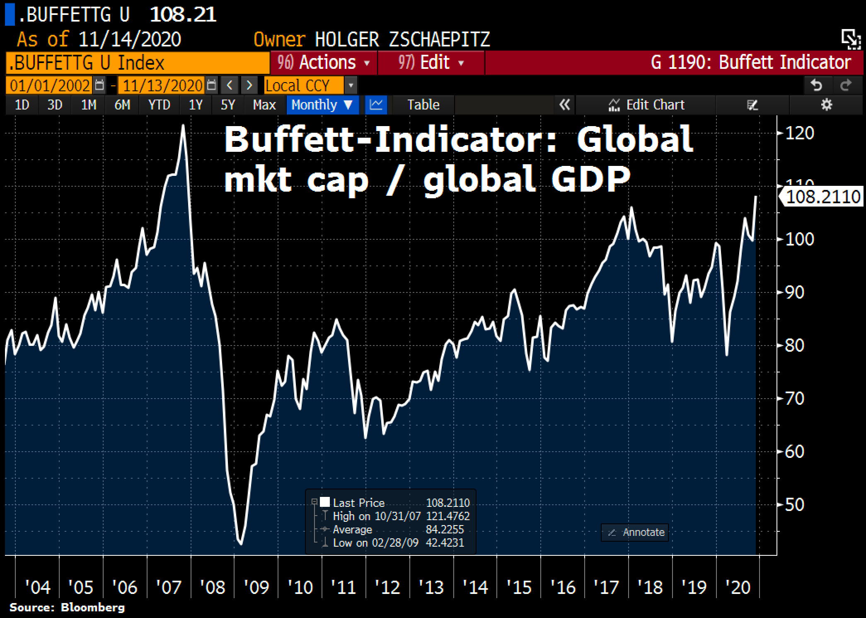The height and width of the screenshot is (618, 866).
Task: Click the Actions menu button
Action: (x=324, y=63)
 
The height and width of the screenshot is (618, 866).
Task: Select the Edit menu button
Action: (x=431, y=63)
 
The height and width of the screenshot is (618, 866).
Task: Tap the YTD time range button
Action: (x=159, y=105)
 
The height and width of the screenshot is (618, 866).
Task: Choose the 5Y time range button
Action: (x=227, y=105)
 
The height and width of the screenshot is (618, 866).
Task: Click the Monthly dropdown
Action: (x=322, y=105)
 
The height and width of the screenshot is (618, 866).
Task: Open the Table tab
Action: (x=423, y=105)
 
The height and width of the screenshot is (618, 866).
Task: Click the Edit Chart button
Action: (x=646, y=105)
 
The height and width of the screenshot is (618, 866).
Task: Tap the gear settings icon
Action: (x=826, y=105)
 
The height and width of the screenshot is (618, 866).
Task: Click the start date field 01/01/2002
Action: (x=50, y=86)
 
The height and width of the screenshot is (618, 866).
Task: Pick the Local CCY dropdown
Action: (x=304, y=86)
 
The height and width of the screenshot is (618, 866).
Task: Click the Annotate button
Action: (x=635, y=532)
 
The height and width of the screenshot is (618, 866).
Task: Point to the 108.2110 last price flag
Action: (x=822, y=197)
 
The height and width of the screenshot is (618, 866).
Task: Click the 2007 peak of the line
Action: (x=183, y=125)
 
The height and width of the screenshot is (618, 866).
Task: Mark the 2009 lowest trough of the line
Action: (x=241, y=544)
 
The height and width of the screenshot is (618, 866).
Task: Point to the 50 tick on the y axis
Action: (x=794, y=505)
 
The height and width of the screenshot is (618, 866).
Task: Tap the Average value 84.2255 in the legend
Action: (x=445, y=530)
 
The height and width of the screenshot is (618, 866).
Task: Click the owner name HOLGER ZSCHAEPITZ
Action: (x=402, y=40)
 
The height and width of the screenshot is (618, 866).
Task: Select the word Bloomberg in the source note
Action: (x=92, y=608)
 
